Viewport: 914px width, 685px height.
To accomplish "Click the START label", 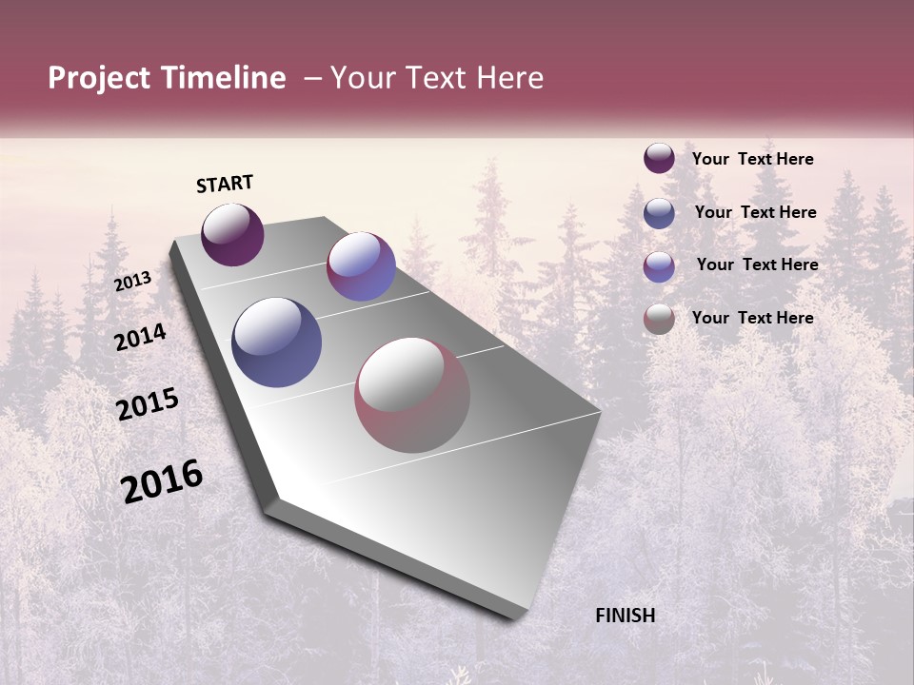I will click(x=225, y=184).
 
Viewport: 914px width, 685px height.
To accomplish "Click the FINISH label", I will click(x=626, y=616).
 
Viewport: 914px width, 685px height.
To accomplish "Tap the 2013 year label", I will click(x=132, y=281).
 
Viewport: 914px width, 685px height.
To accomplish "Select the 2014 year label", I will click(x=140, y=337).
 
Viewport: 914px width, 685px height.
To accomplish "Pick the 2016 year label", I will click(x=162, y=481).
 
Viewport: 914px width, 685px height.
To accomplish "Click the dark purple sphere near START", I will click(x=232, y=234).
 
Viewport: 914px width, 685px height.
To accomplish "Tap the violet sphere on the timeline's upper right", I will click(x=361, y=266).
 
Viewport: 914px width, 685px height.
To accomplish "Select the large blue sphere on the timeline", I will click(x=277, y=342).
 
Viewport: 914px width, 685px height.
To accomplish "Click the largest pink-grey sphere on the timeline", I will click(x=412, y=395).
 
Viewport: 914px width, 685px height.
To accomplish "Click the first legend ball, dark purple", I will click(x=659, y=159).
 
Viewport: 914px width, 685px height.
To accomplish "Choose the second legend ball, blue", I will click(x=659, y=212).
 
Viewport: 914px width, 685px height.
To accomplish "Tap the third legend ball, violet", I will click(x=659, y=265).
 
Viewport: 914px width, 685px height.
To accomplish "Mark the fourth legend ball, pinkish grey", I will click(x=659, y=319).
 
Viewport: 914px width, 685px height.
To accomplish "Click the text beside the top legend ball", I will click(x=752, y=159).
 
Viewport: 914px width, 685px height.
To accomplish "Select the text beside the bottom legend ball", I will click(x=752, y=318).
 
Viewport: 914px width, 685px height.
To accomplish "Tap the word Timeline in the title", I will click(x=224, y=78).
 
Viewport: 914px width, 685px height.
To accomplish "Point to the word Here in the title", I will click(x=505, y=78).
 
